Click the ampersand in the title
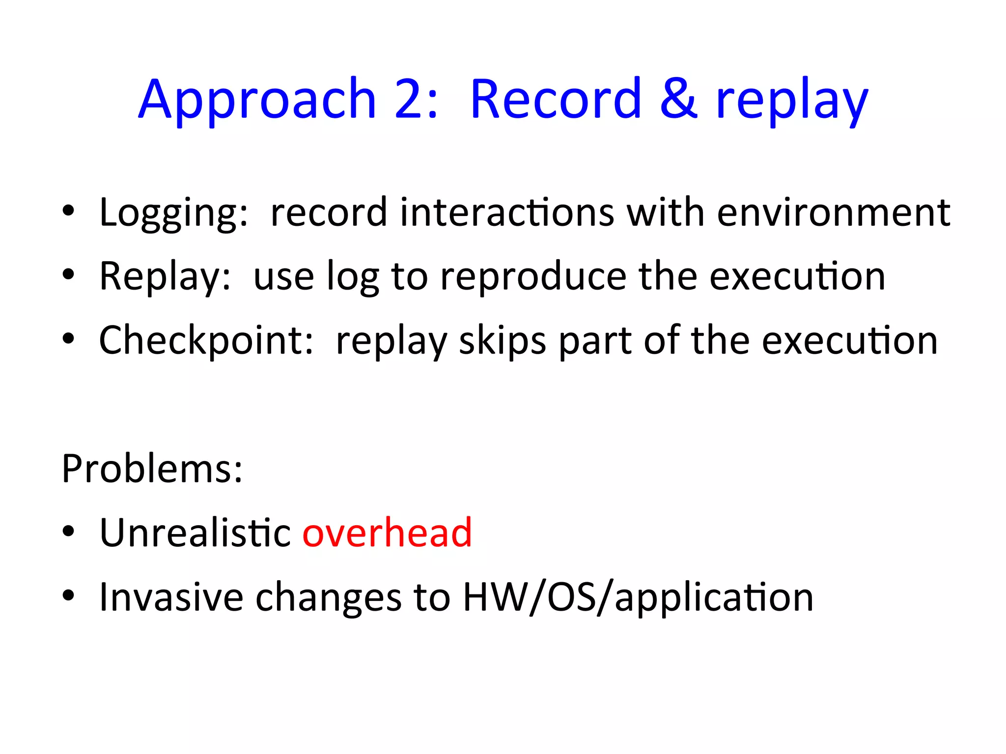click(678, 99)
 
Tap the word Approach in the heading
click(257, 101)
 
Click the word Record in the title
click(556, 99)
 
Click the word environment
click(833, 212)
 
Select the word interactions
click(507, 212)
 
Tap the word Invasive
click(171, 597)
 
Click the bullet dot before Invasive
click(68, 595)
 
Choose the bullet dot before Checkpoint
click(68, 338)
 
